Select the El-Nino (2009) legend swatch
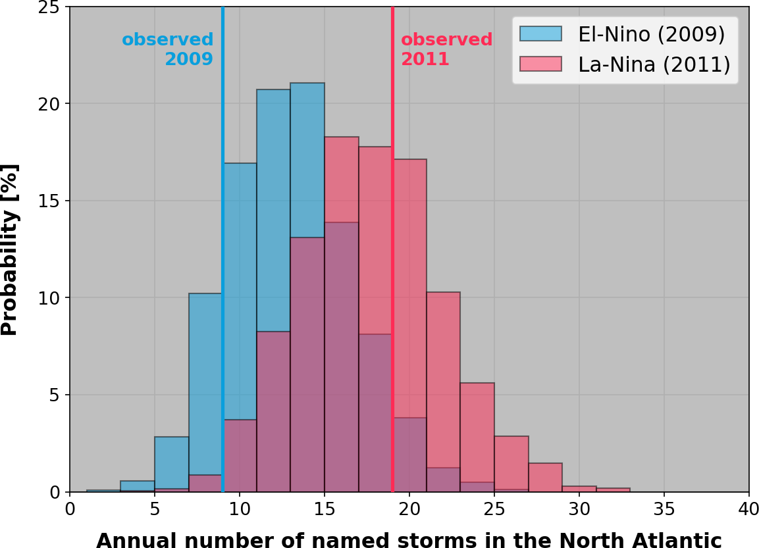(x=540, y=34)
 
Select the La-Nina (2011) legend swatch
(x=540, y=64)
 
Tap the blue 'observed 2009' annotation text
(x=168, y=49)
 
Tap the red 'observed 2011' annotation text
(x=447, y=49)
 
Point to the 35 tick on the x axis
(x=664, y=493)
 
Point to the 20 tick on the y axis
(x=70, y=104)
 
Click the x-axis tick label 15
(x=325, y=509)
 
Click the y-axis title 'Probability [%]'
(x=10, y=250)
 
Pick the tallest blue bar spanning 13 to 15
(x=307, y=158)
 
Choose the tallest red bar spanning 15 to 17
(x=342, y=178)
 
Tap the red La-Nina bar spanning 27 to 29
(x=545, y=478)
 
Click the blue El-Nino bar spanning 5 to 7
(x=172, y=461)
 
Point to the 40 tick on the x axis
(x=749, y=493)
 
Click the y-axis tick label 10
(x=53, y=298)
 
